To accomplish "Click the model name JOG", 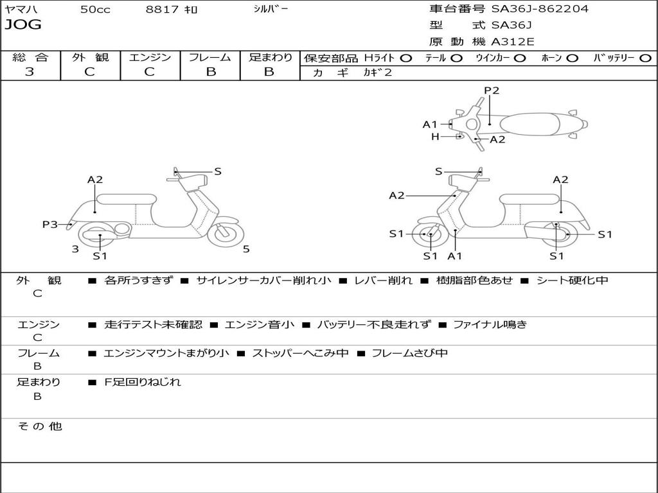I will click(x=23, y=25).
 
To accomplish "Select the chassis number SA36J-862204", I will click(x=540, y=9).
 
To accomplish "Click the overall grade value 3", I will click(x=30, y=72).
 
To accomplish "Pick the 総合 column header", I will click(x=30, y=57).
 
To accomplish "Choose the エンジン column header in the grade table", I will click(x=150, y=57).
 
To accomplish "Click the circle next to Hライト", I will click(x=405, y=58).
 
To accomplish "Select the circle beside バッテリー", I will click(x=645, y=58).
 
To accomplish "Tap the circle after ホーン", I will click(x=572, y=58).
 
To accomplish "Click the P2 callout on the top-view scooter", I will click(x=492, y=91).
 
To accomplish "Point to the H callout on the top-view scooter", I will click(x=435, y=137).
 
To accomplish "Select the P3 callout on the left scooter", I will click(x=50, y=224).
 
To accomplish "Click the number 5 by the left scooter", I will click(x=246, y=249).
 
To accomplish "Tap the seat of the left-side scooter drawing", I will click(x=127, y=198).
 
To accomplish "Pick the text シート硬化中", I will click(x=572, y=281).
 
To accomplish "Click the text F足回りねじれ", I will click(x=143, y=382).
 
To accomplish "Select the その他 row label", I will click(x=39, y=426).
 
